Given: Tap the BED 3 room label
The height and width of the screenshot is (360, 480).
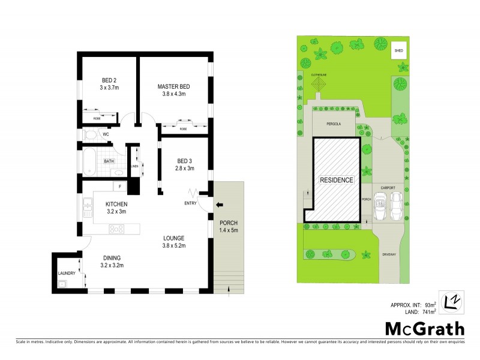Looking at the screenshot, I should (x=185, y=160).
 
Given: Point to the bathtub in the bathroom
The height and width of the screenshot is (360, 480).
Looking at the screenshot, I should (x=88, y=161).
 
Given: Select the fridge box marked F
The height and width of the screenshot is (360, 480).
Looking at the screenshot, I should (x=120, y=187).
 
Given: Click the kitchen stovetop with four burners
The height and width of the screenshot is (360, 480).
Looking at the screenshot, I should (x=115, y=229).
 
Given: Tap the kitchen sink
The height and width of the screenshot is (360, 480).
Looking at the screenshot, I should (x=88, y=209).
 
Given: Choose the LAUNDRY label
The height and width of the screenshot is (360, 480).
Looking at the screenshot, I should (x=67, y=274).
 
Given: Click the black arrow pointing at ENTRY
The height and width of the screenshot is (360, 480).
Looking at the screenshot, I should (x=219, y=205).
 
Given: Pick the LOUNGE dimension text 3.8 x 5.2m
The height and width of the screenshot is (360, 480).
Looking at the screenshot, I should (x=175, y=245).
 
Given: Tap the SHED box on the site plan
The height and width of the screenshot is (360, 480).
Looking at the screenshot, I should (x=398, y=51).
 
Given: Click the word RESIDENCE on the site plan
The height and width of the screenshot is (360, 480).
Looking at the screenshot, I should (x=336, y=180).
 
